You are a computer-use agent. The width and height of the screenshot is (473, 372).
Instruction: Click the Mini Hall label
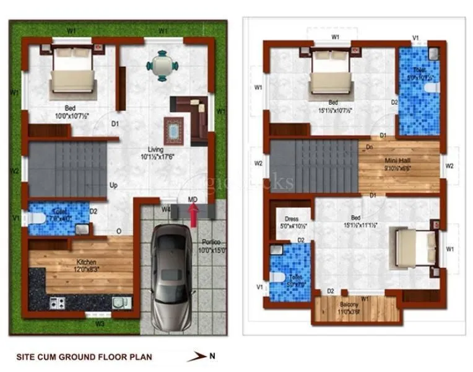pyautogui.click(x=398, y=162)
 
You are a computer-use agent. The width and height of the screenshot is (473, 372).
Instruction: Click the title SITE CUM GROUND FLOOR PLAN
pyautogui.click(x=84, y=357)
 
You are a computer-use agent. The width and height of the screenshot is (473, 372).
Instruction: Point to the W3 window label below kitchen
pyautogui.click(x=99, y=323)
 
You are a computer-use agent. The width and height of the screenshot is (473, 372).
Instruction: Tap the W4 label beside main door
pyautogui.click(x=166, y=210)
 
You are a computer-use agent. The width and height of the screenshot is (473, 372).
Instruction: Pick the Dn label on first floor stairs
pyautogui.click(x=369, y=148)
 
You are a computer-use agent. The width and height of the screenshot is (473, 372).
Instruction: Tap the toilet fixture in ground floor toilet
pyautogui.click(x=38, y=218)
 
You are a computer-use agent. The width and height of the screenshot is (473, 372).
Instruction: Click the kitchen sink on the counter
pyautogui.click(x=118, y=302)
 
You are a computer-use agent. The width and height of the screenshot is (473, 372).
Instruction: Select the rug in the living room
pyautogui.click(x=173, y=130)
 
